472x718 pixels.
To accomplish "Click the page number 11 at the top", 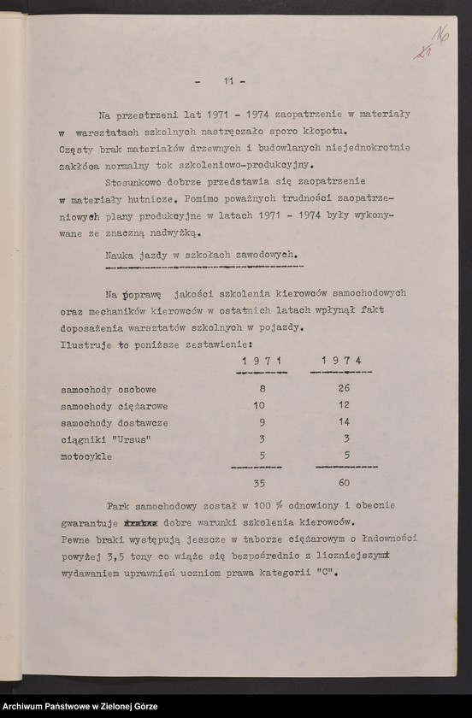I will [x=228, y=81].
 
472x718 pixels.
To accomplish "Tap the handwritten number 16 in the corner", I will [x=443, y=37].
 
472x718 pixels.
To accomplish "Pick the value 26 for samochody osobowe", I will [x=344, y=389].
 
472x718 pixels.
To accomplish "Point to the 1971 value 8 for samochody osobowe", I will [x=263, y=389].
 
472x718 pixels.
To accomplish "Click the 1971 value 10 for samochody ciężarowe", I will [x=260, y=405].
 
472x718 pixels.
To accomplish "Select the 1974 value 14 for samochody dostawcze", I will [x=344, y=422].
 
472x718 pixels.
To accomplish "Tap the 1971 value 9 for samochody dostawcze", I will [x=263, y=422].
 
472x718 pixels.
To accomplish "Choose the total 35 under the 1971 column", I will [x=260, y=482].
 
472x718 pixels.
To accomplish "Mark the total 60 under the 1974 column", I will [x=344, y=482].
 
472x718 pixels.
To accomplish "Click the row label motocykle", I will [x=86, y=456].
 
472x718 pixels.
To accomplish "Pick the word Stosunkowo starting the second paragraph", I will [x=135, y=182].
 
